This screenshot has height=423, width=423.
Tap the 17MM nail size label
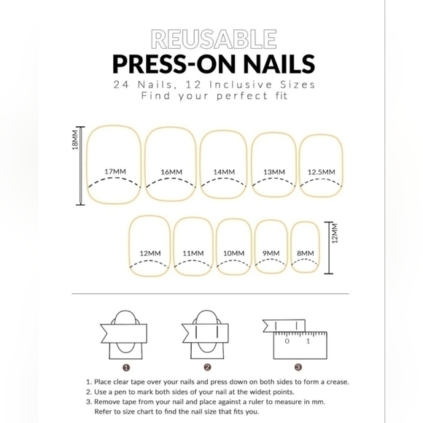click(x=115, y=171)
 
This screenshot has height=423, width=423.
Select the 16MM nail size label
click(x=171, y=172)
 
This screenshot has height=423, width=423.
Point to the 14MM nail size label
click(x=224, y=172)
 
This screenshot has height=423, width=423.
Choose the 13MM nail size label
click(x=273, y=172)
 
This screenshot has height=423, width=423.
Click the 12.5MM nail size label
click(x=321, y=172)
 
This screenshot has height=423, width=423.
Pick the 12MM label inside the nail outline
click(x=150, y=253)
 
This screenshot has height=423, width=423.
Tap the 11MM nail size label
click(x=193, y=253)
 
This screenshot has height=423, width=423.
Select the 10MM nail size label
click(x=233, y=253)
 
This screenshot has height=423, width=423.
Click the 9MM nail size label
click(x=271, y=253)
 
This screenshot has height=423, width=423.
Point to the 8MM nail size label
click(x=306, y=253)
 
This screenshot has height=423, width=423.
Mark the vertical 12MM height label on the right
click(x=335, y=235)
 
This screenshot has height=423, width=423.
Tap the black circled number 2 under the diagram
click(x=207, y=368)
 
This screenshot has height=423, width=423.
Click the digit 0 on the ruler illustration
click(x=287, y=341)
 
